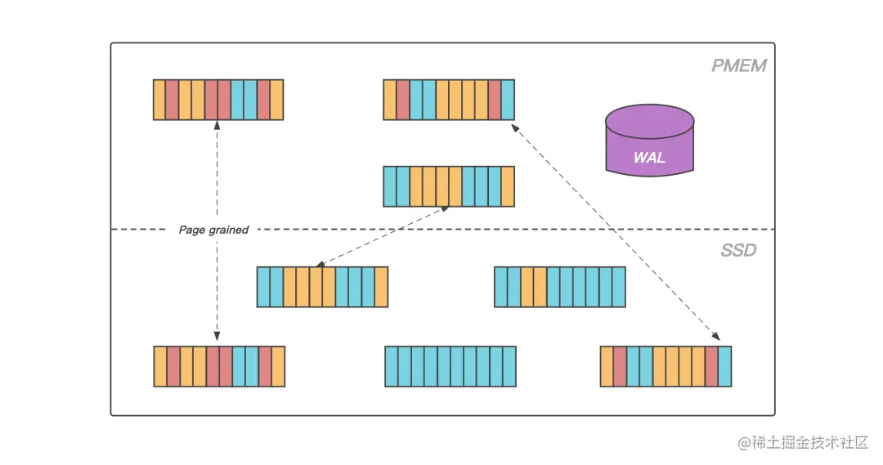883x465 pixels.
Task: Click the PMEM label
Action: click(738, 65)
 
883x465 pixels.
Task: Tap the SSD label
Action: click(737, 250)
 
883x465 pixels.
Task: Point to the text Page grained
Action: click(213, 230)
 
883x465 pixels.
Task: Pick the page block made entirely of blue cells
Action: click(450, 366)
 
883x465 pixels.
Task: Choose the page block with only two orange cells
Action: click(559, 287)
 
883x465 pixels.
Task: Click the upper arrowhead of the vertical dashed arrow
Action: click(217, 125)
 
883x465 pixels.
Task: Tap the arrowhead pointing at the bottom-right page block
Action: click(715, 336)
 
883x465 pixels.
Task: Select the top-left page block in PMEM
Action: click(218, 100)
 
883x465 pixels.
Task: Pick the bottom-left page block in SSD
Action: click(219, 366)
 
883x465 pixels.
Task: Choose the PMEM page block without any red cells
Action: click(449, 186)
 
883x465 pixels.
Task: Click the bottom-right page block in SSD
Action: click(666, 366)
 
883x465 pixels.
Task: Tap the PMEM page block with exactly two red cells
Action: click(449, 100)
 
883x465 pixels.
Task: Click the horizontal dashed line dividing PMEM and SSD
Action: click(491, 230)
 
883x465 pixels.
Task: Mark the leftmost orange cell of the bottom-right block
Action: click(607, 366)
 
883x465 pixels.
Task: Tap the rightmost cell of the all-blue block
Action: click(509, 366)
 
